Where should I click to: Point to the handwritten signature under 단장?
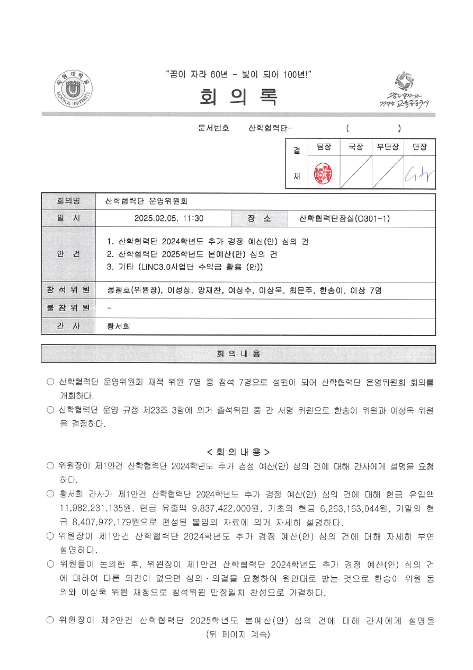point(419,173)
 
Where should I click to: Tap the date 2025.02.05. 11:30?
point(169,218)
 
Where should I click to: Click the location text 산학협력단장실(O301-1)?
point(345,218)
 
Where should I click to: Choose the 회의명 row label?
point(68,201)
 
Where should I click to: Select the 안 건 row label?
point(68,254)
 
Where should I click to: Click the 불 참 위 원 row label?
point(68,307)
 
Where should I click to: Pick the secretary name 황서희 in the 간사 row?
point(119,326)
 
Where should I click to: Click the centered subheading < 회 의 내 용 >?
point(238,452)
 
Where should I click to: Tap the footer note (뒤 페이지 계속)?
point(238,634)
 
